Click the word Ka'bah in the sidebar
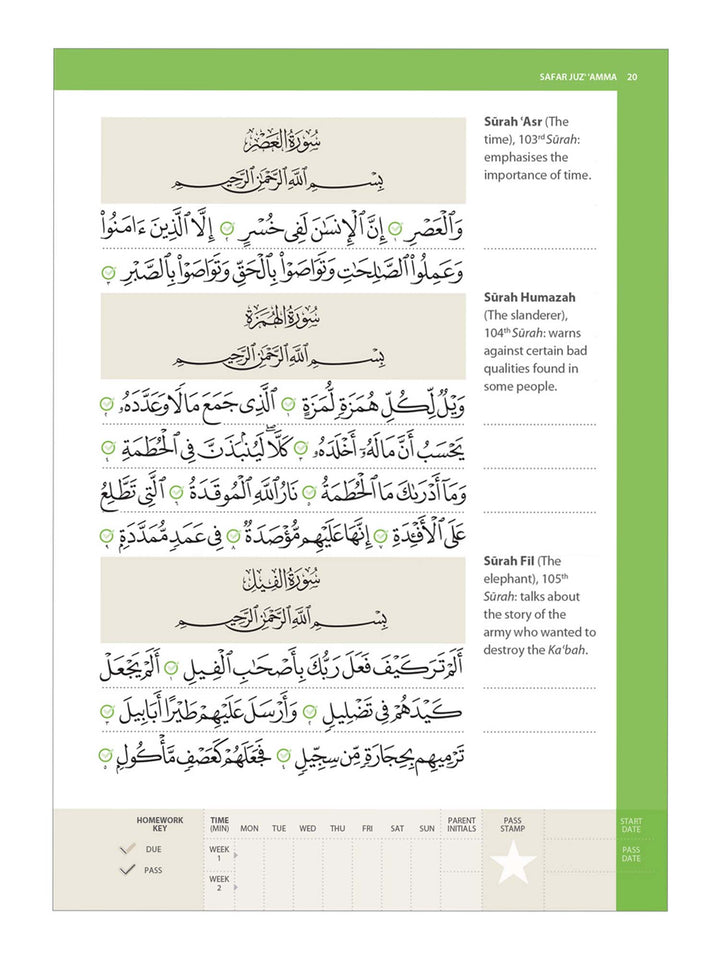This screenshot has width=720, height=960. pyautogui.click(x=566, y=650)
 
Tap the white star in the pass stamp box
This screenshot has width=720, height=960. pyautogui.click(x=513, y=862)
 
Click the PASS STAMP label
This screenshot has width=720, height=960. pyautogui.click(x=513, y=824)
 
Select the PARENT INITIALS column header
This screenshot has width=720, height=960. pyautogui.click(x=461, y=824)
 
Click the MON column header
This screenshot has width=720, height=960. pyautogui.click(x=249, y=828)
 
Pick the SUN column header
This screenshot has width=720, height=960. pyautogui.click(x=427, y=828)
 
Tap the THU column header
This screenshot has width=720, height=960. pyautogui.click(x=338, y=828)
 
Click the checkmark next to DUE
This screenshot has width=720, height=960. pyautogui.click(x=127, y=849)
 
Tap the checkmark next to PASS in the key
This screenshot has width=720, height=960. pyautogui.click(x=127, y=870)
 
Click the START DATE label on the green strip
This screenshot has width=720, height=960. pyautogui.click(x=631, y=825)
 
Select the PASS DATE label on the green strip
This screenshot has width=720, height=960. pyautogui.click(x=631, y=854)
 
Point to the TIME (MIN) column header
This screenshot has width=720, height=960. pyautogui.click(x=219, y=824)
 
